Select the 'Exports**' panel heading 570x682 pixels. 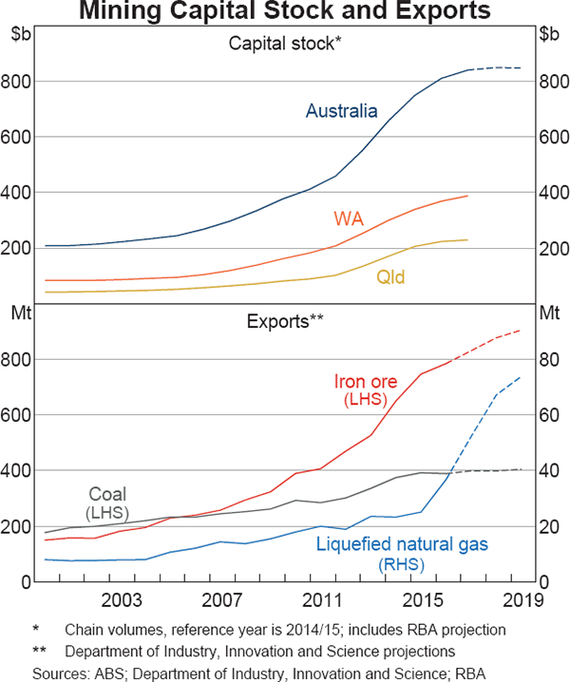(285, 320)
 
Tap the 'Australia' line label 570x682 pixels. (341, 111)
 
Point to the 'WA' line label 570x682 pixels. (348, 219)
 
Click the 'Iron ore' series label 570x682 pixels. (366, 382)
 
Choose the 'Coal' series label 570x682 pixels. (107, 494)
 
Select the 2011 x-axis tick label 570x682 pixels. (322, 600)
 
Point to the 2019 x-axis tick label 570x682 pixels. (522, 600)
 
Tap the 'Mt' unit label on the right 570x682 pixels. (549, 312)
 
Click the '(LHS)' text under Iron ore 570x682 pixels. (366, 401)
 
